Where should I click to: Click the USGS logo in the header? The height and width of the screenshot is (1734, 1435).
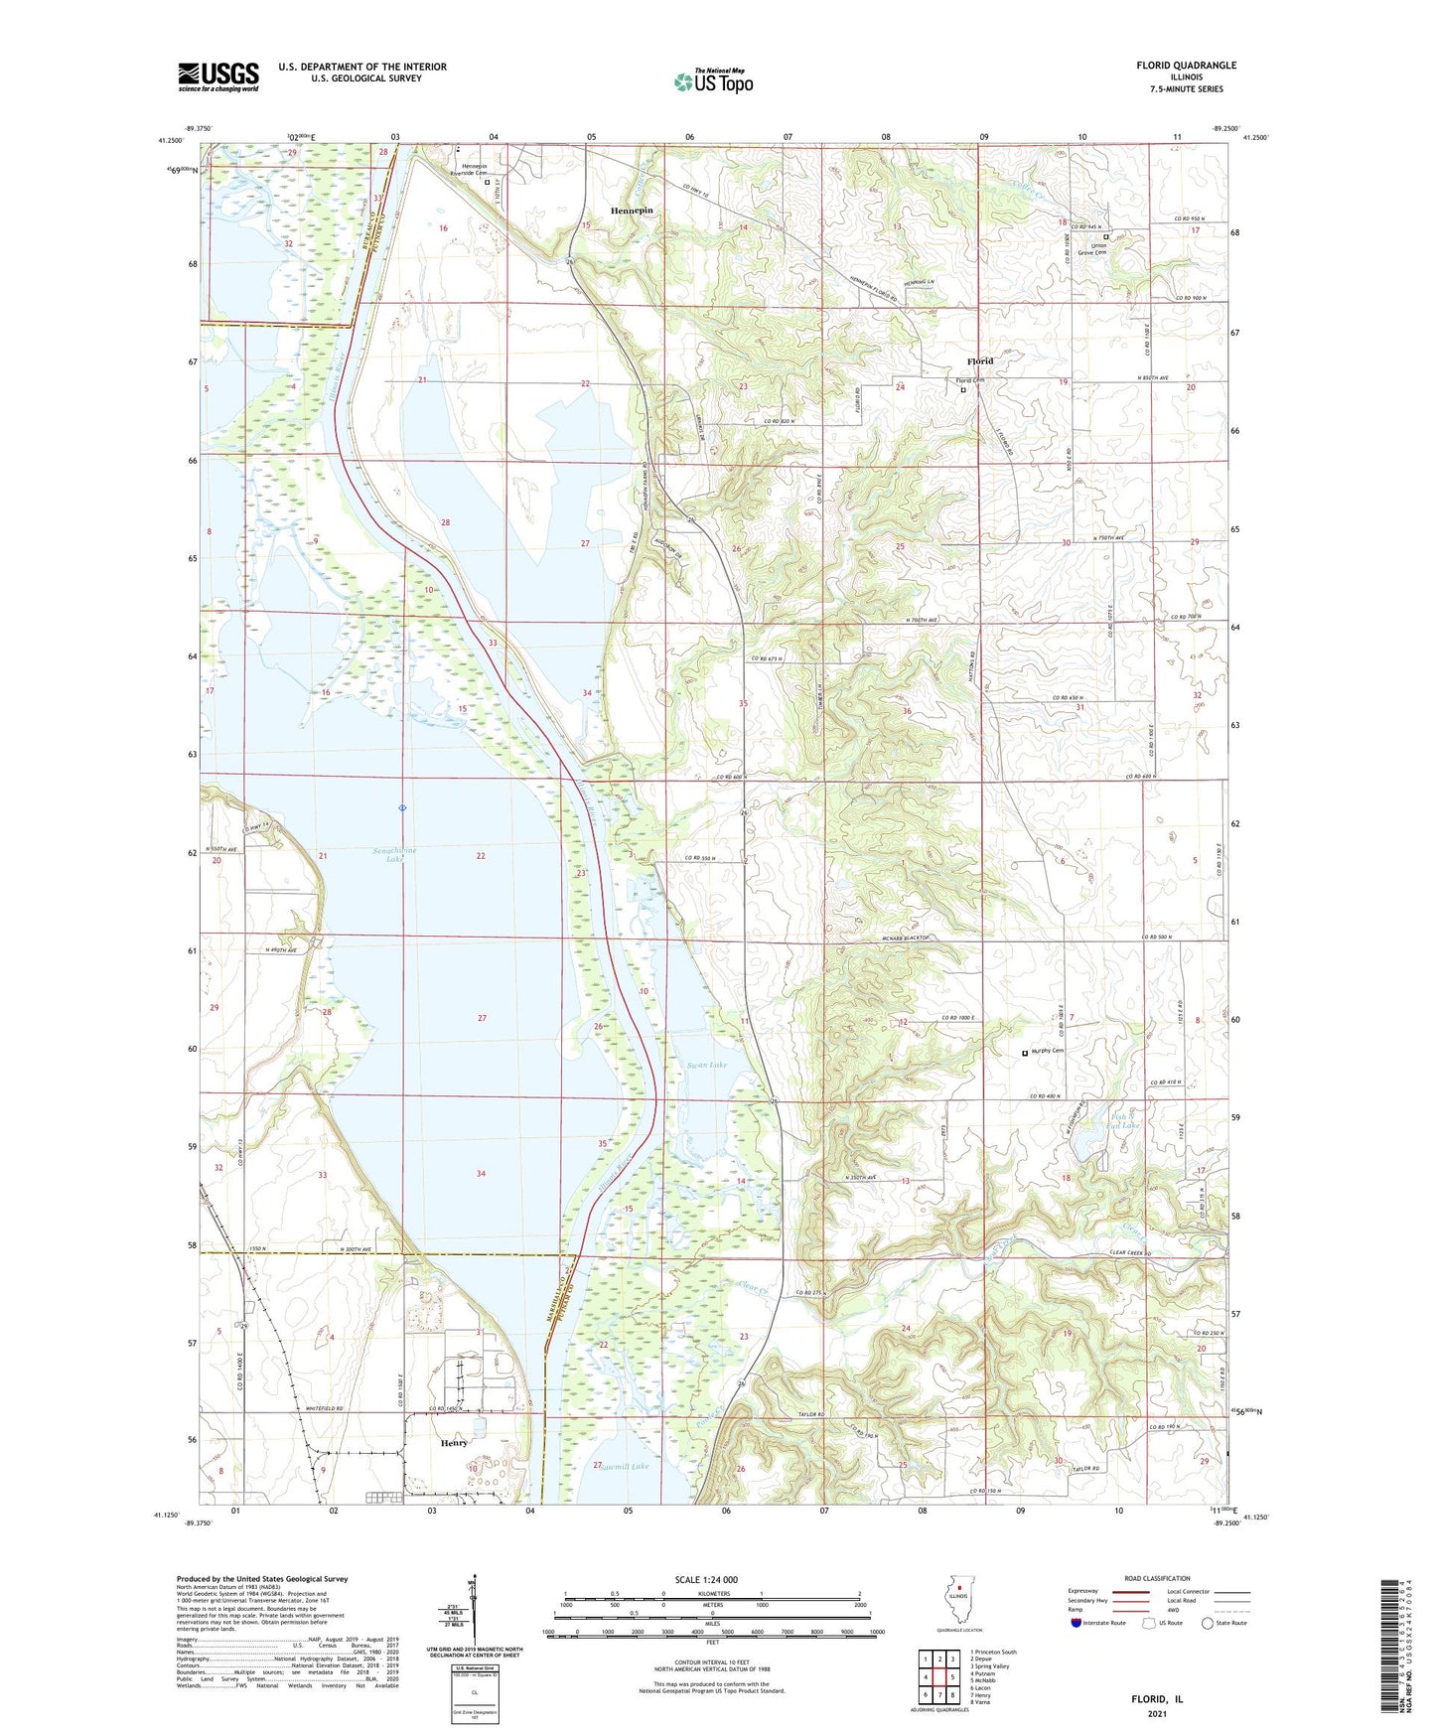(217, 76)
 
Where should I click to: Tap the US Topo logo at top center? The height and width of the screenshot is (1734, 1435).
(712, 81)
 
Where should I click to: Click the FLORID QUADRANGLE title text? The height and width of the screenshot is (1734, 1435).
(1186, 66)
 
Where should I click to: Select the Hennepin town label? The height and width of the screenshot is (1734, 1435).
(632, 212)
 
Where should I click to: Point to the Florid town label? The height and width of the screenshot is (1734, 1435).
(980, 361)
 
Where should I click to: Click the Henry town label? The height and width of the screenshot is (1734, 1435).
(453, 1443)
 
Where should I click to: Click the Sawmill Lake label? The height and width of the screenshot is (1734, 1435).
(625, 1466)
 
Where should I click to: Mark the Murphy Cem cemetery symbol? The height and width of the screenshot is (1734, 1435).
(1025, 1053)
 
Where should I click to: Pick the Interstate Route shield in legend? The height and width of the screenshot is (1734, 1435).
(1076, 1623)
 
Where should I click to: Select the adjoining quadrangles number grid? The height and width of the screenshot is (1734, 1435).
(938, 1675)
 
